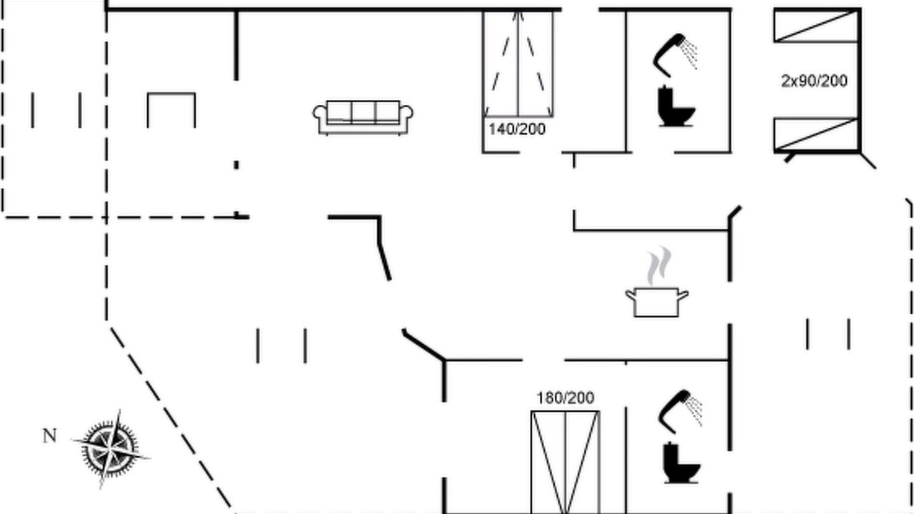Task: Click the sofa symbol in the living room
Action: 363,118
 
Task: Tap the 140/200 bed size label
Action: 517,129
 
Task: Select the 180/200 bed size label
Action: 565,398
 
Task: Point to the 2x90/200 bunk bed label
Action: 814,81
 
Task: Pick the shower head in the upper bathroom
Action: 669,56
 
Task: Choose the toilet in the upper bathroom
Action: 676,106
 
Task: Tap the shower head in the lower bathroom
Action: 674,412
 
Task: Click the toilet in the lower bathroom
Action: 681,463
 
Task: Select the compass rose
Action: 110,449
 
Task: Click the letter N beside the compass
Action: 50,436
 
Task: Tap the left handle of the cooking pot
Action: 631,295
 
